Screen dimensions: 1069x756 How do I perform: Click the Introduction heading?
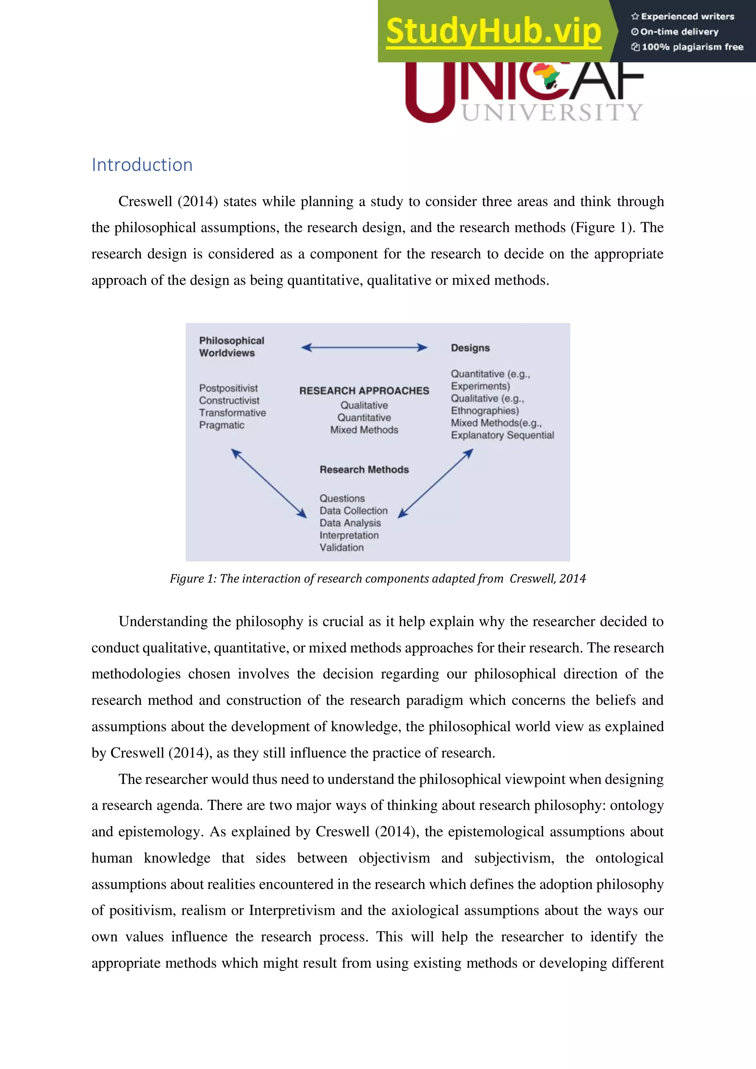pos(142,165)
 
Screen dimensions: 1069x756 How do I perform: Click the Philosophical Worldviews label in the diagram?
pos(231,347)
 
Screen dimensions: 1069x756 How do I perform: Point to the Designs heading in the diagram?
pos(470,348)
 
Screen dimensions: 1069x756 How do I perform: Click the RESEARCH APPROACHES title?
pos(364,391)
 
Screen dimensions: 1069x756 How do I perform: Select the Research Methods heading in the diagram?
pos(364,469)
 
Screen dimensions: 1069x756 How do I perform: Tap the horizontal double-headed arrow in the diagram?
pos(364,347)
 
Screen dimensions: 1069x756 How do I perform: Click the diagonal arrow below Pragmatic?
pos(269,483)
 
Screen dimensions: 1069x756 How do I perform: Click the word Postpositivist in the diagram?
pos(228,388)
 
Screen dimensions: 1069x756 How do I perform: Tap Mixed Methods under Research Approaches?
pos(364,430)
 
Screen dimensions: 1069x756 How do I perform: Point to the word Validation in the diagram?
pos(341,547)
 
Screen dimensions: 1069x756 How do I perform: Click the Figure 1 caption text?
pos(378,579)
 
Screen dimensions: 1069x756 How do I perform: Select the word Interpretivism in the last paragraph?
pos(292,910)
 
